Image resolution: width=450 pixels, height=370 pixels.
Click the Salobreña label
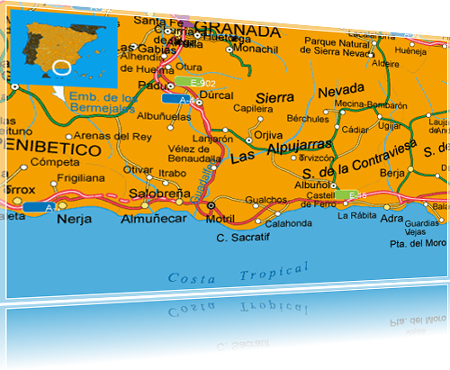click(159, 193)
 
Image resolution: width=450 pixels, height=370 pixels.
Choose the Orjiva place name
click(268, 135)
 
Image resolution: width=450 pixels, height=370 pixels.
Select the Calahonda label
click(288, 223)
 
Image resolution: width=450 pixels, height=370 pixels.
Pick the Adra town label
click(391, 218)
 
